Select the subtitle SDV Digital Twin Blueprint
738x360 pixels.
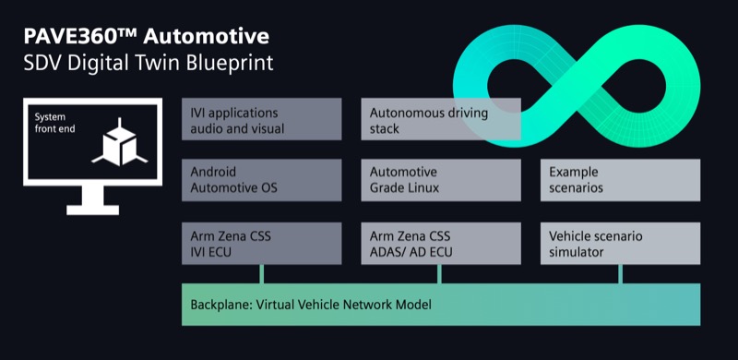[x=149, y=63]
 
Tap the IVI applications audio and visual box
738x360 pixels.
[x=262, y=119]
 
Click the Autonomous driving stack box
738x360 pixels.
[x=441, y=119]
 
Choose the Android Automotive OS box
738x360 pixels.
[x=262, y=180]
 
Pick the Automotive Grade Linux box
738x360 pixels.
[x=441, y=180]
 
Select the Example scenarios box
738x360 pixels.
[x=620, y=180]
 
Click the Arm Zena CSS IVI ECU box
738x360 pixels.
[x=262, y=243]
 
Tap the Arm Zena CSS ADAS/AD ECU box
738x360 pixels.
[x=441, y=243]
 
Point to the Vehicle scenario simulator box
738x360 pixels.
[x=620, y=243]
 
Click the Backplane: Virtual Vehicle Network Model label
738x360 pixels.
[x=311, y=305]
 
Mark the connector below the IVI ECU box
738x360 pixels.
[x=262, y=274]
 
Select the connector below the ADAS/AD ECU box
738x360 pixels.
[x=440, y=274]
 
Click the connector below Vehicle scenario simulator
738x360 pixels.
[x=620, y=274]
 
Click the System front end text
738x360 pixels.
[x=54, y=123]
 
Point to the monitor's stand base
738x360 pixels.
[x=93, y=210]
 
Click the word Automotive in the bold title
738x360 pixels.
[x=207, y=37]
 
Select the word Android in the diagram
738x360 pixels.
[x=213, y=172]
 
